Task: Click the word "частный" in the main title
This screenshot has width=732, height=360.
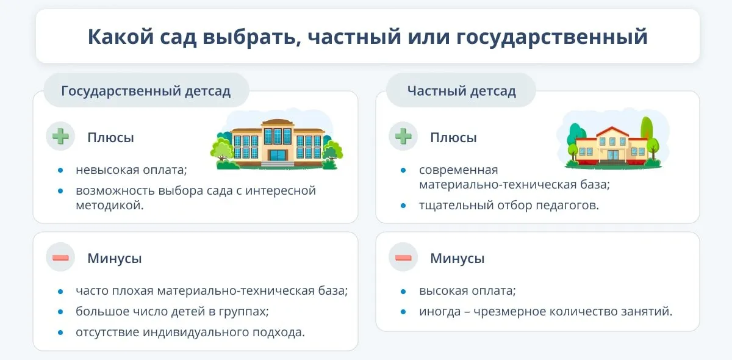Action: (354, 37)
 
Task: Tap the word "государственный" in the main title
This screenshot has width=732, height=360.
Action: (551, 38)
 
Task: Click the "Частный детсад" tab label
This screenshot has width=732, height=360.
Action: (461, 91)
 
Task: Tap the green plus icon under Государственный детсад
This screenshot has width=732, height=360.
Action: (60, 136)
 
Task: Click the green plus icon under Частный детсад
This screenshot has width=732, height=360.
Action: (403, 136)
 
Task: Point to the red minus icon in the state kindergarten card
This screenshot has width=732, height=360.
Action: (60, 258)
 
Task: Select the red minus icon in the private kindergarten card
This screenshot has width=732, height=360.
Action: (403, 258)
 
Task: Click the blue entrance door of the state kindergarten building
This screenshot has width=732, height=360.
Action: (278, 155)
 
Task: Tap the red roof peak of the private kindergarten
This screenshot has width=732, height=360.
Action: (612, 128)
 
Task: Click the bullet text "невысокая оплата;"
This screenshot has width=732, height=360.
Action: (131, 170)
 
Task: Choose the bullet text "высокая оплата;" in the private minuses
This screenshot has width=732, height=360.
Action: (468, 290)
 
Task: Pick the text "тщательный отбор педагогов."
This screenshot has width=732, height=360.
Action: (509, 206)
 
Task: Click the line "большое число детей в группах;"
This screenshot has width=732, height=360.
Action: (172, 311)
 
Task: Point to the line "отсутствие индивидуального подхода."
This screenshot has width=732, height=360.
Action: (190, 332)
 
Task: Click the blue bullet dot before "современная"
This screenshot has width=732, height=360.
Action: (403, 170)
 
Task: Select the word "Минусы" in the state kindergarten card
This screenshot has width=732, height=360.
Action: (115, 258)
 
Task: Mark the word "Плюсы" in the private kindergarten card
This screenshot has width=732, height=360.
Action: (453, 138)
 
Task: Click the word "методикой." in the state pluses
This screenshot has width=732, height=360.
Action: (110, 206)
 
